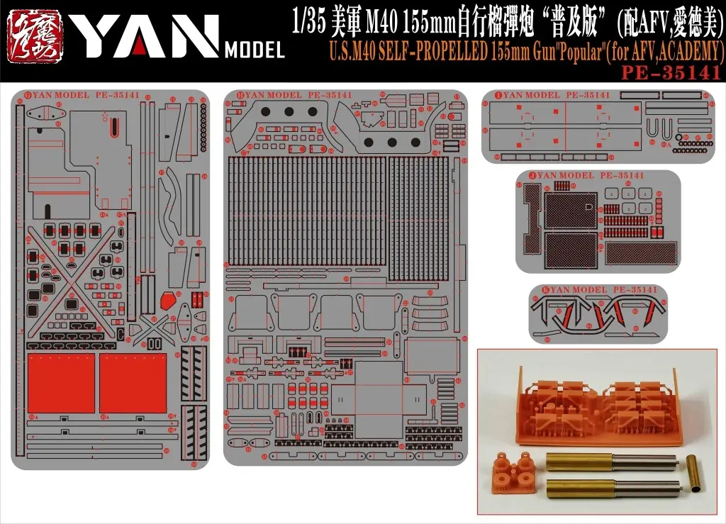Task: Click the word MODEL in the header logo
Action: pyautogui.click(x=254, y=50)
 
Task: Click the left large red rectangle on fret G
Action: pyautogui.click(x=61, y=383)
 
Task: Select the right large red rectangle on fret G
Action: pyautogui.click(x=133, y=383)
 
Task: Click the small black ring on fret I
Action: pyautogui.click(x=679, y=137)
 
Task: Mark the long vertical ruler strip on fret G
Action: pyautogui.click(x=19, y=284)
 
